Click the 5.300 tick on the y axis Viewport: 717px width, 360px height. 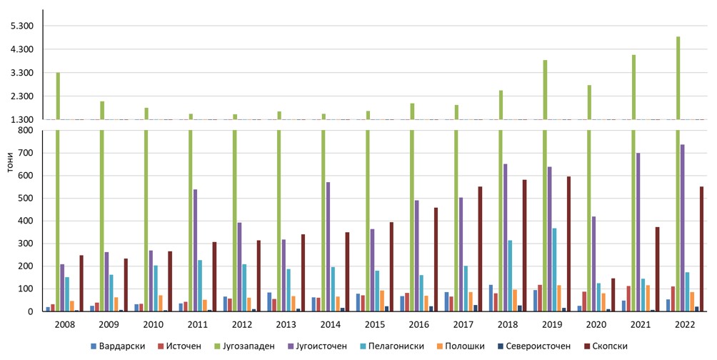(24, 26)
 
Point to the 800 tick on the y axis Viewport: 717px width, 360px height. (29, 130)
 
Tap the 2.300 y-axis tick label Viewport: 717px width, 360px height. (24, 96)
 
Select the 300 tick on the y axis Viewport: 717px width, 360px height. (29, 244)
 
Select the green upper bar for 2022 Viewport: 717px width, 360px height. (678, 78)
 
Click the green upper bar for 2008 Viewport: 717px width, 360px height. (58, 96)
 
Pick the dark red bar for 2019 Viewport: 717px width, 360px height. (568, 244)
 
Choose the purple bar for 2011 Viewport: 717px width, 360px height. (196, 250)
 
